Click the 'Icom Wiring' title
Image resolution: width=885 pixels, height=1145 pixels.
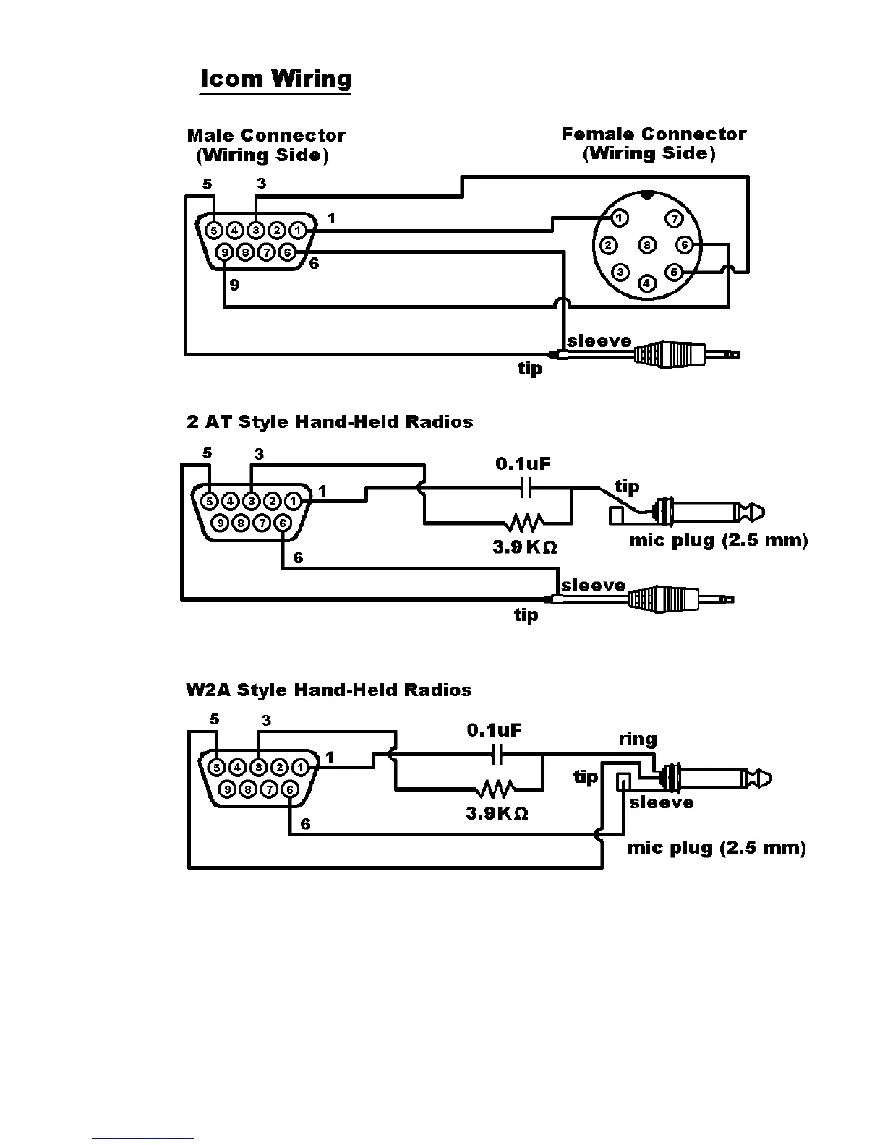(275, 79)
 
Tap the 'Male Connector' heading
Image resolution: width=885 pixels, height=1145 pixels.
(266, 135)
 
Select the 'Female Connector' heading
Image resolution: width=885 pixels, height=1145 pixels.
(654, 134)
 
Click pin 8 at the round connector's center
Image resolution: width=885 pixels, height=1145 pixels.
(648, 245)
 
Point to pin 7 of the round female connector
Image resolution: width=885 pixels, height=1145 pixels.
(673, 218)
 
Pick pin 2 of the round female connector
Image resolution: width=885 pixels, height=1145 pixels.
(609, 245)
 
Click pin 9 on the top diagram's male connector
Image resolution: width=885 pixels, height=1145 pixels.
(225, 252)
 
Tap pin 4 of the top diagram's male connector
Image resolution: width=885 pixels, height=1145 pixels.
(235, 231)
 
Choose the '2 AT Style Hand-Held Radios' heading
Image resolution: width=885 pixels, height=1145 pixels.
(330, 421)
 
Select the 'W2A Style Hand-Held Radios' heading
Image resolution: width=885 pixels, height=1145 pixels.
(328, 690)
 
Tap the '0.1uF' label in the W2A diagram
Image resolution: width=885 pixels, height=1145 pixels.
(494, 730)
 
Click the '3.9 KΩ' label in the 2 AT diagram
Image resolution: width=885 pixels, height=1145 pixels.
(525, 547)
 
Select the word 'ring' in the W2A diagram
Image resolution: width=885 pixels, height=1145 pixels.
(637, 739)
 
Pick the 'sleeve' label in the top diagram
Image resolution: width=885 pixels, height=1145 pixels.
(599, 340)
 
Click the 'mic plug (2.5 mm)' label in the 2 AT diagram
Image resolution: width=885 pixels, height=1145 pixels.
(718, 540)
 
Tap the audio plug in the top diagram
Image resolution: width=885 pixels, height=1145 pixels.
(680, 354)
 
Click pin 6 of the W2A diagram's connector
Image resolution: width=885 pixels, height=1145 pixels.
(290, 789)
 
